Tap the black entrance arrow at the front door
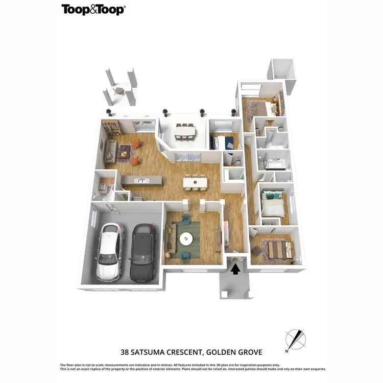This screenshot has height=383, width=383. coord(235,268)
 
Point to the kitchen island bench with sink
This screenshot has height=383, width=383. coord(141,181)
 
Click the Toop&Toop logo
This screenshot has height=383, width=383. coord(93,9)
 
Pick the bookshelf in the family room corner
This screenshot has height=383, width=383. coord(111,128)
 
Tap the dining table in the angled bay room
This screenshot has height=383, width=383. coord(184,132)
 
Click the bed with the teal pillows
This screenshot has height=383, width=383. coord(273,203)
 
